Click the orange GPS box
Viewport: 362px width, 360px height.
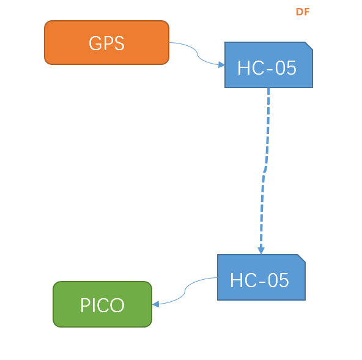(x=106, y=42)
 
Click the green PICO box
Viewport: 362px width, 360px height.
(x=103, y=304)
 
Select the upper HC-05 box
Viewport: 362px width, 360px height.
(x=268, y=65)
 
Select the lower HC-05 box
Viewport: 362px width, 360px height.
(x=261, y=277)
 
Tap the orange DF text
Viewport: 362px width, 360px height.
(x=303, y=12)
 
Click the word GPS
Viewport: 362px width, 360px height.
(x=106, y=43)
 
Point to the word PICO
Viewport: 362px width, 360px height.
(x=102, y=305)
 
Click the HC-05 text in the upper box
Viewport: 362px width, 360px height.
(x=267, y=68)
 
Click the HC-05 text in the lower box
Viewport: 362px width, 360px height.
(x=259, y=280)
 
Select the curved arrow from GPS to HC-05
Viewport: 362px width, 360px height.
(x=197, y=54)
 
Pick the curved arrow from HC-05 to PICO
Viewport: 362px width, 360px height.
(x=185, y=291)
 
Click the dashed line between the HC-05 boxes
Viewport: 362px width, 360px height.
(x=265, y=171)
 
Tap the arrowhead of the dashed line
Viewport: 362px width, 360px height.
(x=261, y=250)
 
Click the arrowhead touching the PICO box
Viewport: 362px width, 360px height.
(x=155, y=304)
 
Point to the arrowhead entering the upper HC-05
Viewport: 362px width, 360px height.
(x=221, y=65)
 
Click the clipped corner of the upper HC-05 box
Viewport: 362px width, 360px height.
(x=309, y=45)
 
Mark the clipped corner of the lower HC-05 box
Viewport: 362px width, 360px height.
(x=301, y=258)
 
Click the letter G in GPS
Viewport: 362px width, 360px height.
(x=95, y=43)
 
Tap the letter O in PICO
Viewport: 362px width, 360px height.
(x=118, y=305)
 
